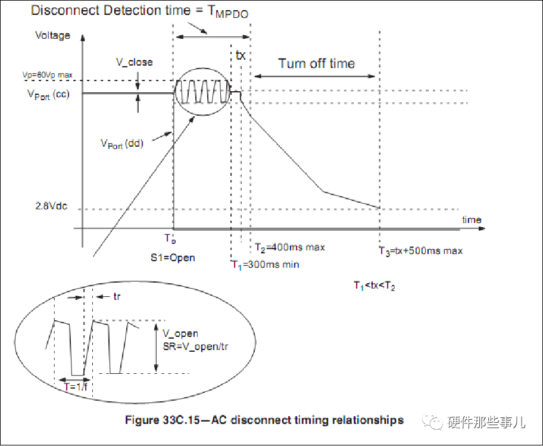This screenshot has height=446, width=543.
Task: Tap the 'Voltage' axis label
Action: (x=53, y=35)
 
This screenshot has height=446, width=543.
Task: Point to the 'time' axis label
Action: (x=472, y=219)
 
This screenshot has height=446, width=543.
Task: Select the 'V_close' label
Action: (x=135, y=62)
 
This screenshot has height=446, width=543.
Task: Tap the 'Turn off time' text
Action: (x=316, y=64)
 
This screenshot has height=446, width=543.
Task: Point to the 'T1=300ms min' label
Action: (x=266, y=265)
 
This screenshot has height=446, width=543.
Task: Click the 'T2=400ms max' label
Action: (x=290, y=247)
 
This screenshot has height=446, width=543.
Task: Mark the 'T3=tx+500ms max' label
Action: (x=421, y=250)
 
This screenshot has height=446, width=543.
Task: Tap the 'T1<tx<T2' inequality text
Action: (x=374, y=286)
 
